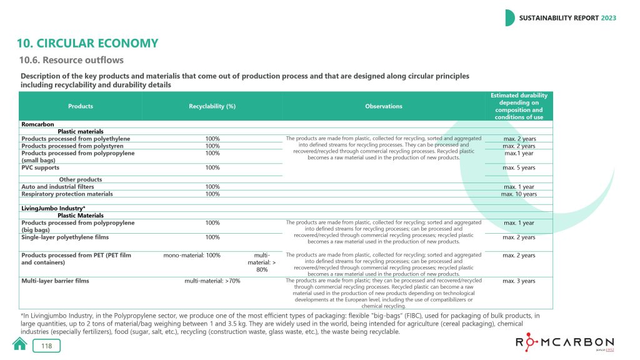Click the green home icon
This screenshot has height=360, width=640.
pos(20,344)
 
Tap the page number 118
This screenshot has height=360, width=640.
pos(47,346)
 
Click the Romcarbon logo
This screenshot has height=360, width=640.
pos(564,344)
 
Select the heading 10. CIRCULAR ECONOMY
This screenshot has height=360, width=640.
pos(87,43)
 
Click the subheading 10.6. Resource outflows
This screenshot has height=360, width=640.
pos(72,60)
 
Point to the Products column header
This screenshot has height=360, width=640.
pos(81,106)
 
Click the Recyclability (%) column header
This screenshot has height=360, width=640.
pos(212,106)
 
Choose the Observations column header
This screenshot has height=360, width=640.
pos(383,106)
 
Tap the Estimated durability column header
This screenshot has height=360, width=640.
pos(519,106)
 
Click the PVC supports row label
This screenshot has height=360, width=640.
pos(41,167)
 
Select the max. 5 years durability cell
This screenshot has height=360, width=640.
pos(519,167)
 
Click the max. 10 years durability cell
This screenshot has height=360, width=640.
pos(519,194)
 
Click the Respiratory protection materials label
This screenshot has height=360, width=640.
pos(67,194)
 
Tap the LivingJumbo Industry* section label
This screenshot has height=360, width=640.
pos(53,207)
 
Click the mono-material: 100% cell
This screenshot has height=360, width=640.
pos(191,255)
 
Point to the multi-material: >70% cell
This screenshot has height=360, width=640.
pos(212,281)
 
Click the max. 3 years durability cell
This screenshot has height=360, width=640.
pos(519,281)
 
